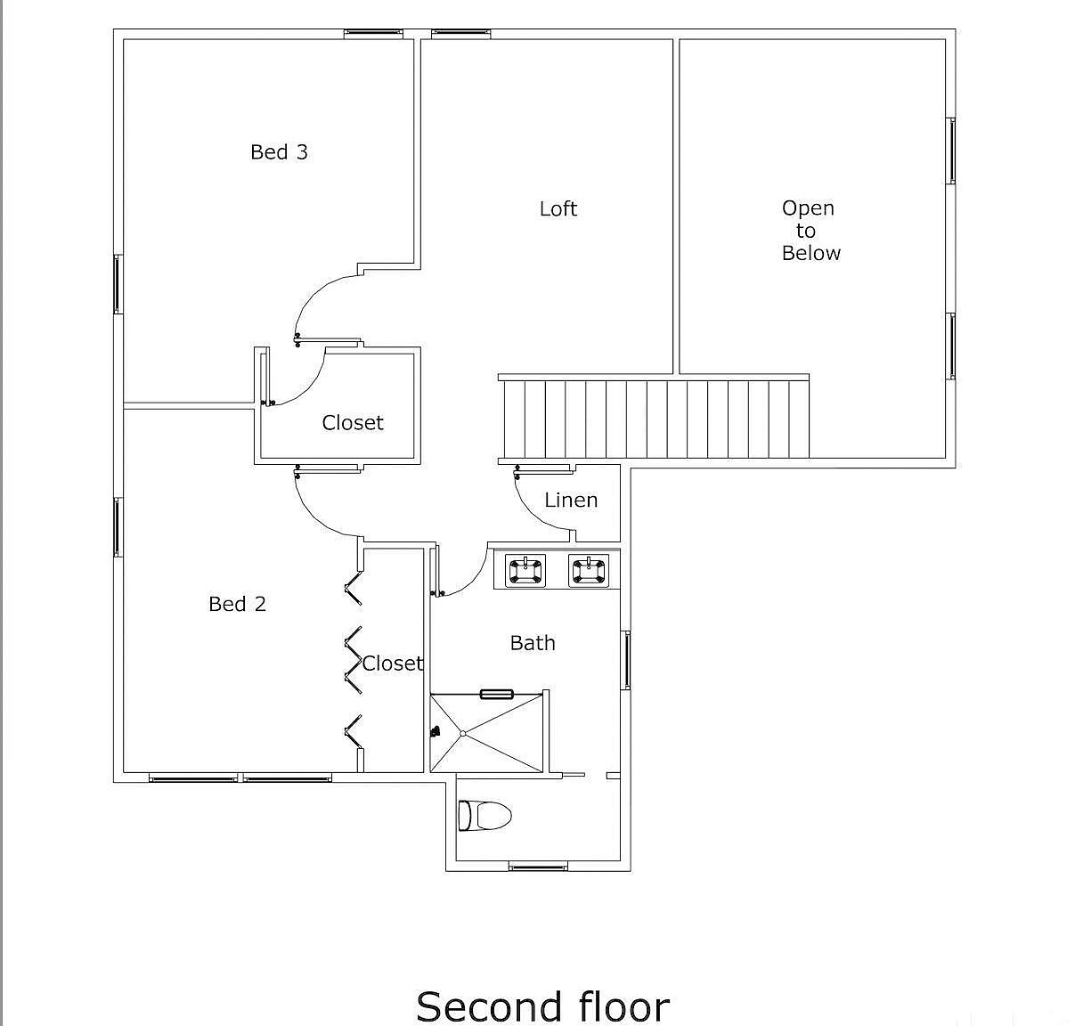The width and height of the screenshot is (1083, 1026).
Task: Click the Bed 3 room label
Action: (x=279, y=152)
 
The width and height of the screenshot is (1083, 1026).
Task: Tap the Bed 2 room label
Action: (x=237, y=604)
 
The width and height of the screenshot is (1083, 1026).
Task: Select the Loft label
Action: (x=558, y=209)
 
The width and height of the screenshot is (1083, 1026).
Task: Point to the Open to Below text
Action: (x=810, y=231)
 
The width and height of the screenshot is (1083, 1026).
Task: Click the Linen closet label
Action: (x=571, y=501)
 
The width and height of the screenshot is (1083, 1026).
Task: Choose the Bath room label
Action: (x=533, y=643)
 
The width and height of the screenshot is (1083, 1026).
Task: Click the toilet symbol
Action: (x=484, y=815)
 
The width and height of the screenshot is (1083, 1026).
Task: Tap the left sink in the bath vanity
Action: (x=525, y=570)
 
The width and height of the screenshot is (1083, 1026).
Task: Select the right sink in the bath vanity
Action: (x=589, y=570)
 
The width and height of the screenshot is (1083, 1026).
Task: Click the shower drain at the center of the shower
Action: (x=463, y=733)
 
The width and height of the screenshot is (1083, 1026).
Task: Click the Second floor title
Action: (x=541, y=1006)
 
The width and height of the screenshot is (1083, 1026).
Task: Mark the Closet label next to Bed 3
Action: (x=353, y=423)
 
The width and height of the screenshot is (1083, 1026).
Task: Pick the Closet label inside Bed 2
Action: (x=392, y=664)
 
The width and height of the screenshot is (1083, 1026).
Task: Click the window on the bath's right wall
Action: (x=627, y=660)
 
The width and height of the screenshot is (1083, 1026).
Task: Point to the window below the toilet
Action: (x=538, y=866)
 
